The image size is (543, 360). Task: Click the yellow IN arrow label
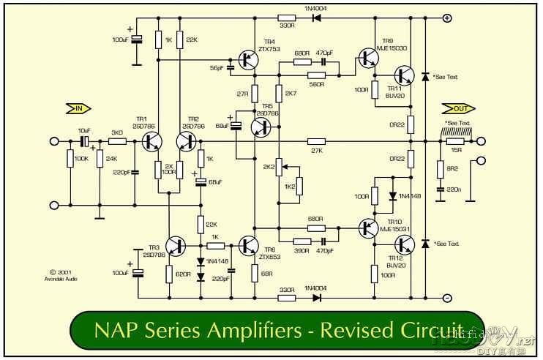pyautogui.click(x=75, y=109)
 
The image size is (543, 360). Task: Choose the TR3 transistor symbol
pyautogui.click(x=176, y=247)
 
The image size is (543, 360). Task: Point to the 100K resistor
pyautogui.click(x=70, y=158)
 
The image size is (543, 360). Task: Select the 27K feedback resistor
pyautogui.click(x=316, y=141)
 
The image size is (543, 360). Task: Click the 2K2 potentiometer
pyautogui.click(x=278, y=166)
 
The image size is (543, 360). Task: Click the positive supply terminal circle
pyautogui.click(x=447, y=18)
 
